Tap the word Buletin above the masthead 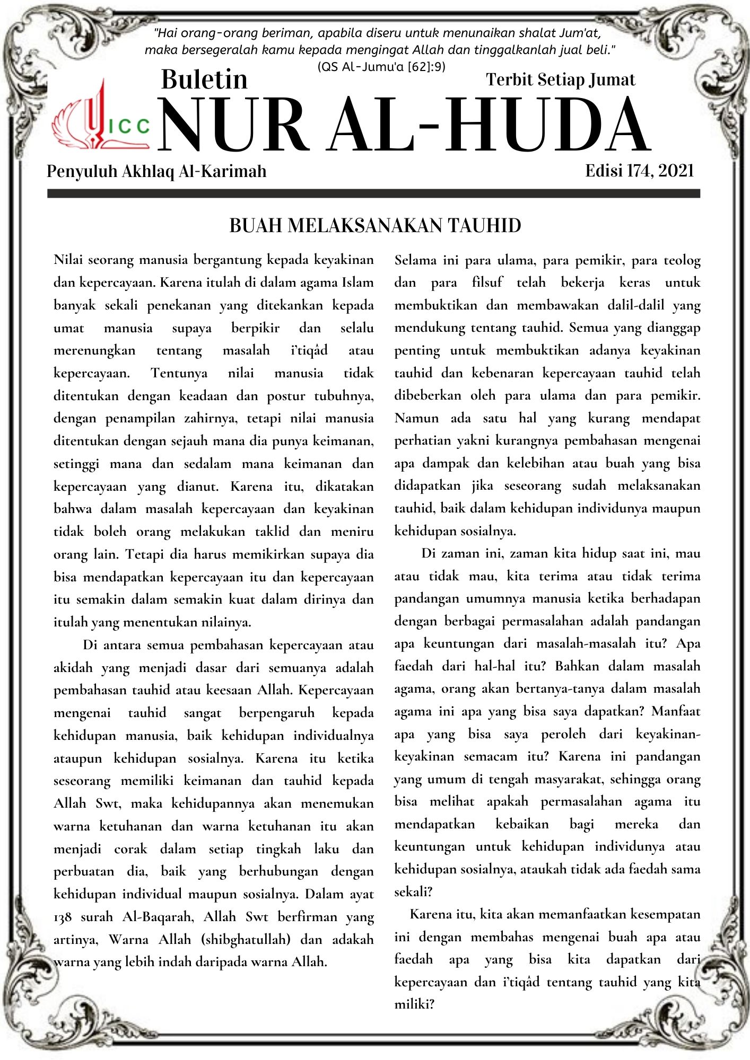click(x=204, y=79)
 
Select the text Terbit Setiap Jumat click(x=560, y=79)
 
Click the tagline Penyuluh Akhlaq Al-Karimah click(x=156, y=171)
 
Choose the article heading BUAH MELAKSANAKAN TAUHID click(x=375, y=226)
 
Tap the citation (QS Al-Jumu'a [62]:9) click(x=381, y=67)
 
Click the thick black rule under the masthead click(x=373, y=194)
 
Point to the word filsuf click(x=487, y=282)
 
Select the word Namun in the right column click(x=416, y=418)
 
